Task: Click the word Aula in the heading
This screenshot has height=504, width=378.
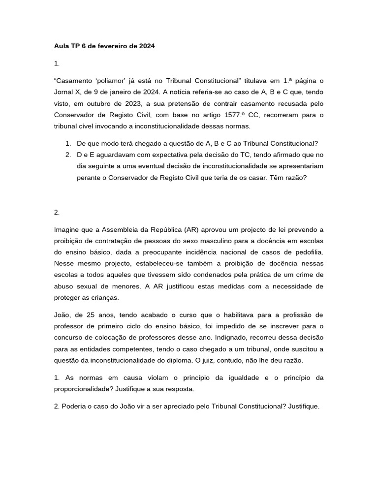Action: point(62,46)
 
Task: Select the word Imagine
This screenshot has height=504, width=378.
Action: point(67,229)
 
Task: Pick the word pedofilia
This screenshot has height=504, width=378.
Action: point(306,252)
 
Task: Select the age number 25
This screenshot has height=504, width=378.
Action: point(98,315)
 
